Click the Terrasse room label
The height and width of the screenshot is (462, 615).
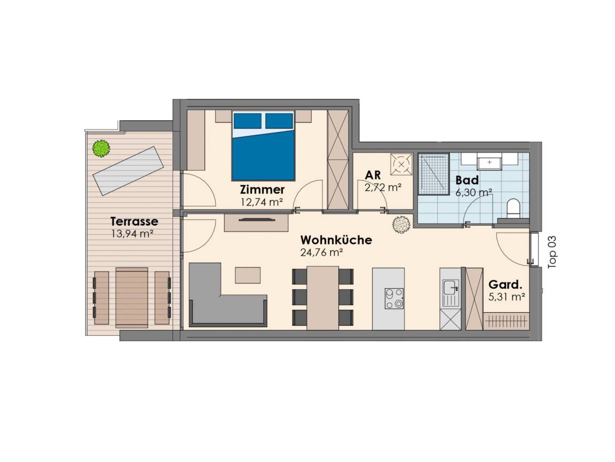pyautogui.click(x=134, y=221)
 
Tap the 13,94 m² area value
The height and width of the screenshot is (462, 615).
pyautogui.click(x=132, y=234)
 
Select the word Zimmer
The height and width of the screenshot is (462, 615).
pyautogui.click(x=263, y=190)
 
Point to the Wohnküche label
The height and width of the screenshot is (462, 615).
pyautogui.click(x=336, y=240)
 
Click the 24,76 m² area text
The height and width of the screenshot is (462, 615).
pyautogui.click(x=321, y=252)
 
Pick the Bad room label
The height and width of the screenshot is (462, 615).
pyautogui.click(x=467, y=180)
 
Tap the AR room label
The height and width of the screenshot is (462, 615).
pyautogui.click(x=373, y=175)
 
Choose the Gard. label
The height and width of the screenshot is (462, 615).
pyautogui.click(x=506, y=284)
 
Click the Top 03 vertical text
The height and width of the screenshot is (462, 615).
pyautogui.click(x=552, y=252)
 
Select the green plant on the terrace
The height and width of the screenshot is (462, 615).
pyautogui.click(x=101, y=149)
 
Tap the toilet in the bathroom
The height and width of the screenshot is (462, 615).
pyautogui.click(x=513, y=208)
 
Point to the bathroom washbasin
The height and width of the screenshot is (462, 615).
pyautogui.click(x=489, y=162)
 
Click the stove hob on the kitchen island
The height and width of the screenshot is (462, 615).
pyautogui.click(x=394, y=298)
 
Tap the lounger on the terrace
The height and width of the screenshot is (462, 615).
pyautogui.click(x=128, y=171)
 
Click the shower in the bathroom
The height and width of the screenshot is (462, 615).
pyautogui.click(x=433, y=174)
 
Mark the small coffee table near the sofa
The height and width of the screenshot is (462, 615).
pyautogui.click(x=248, y=275)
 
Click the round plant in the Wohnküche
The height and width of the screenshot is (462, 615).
pyautogui.click(x=401, y=225)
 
